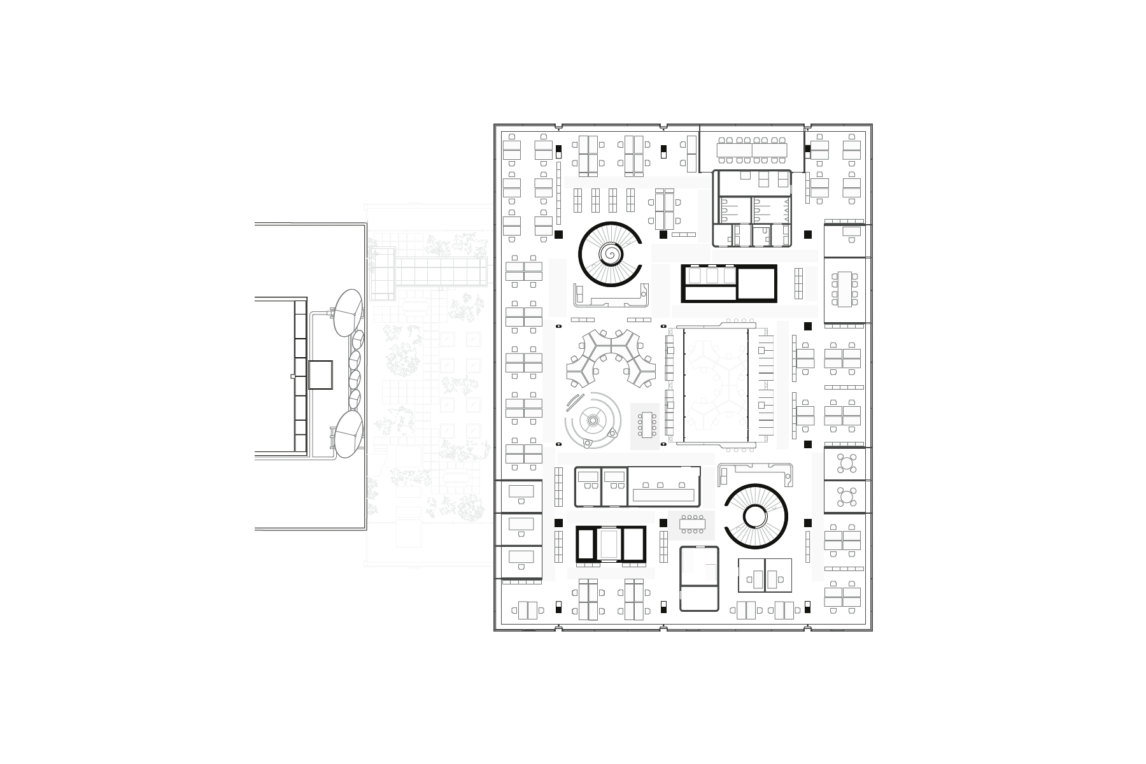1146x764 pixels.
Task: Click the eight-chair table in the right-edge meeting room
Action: (x=845, y=289)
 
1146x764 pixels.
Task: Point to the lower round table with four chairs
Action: (x=845, y=497)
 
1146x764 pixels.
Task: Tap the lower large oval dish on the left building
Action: (x=347, y=434)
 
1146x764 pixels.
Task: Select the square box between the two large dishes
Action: (x=320, y=375)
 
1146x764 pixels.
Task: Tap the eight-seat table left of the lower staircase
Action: (x=691, y=525)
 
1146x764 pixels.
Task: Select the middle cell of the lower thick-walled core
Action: (x=611, y=544)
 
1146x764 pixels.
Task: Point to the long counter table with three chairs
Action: (x=663, y=494)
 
